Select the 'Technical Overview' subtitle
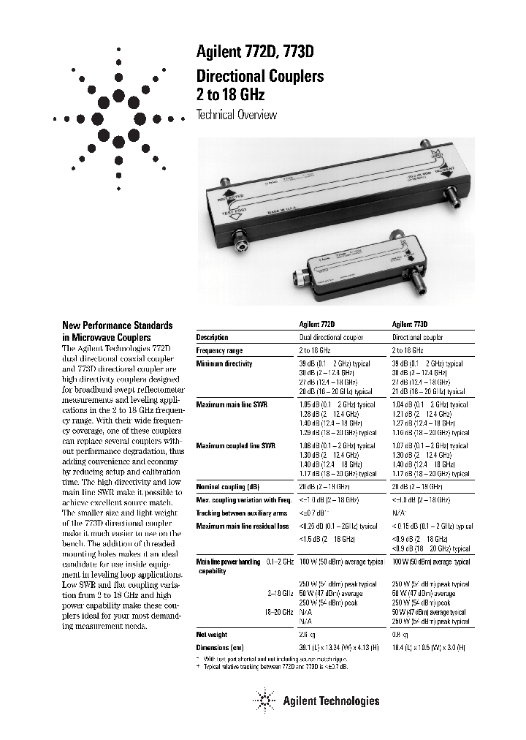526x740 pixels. point(237,115)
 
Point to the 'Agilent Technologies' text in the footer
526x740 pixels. point(331,701)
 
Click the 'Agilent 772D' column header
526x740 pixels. point(317,323)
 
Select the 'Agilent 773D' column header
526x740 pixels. point(410,323)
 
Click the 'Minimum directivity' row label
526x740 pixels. point(224,363)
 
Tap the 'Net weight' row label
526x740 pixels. point(213,635)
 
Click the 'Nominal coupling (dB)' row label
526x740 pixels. point(229,486)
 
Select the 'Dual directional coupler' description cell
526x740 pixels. point(332,337)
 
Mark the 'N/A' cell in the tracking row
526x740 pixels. point(398,513)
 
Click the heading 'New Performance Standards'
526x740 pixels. point(117,325)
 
